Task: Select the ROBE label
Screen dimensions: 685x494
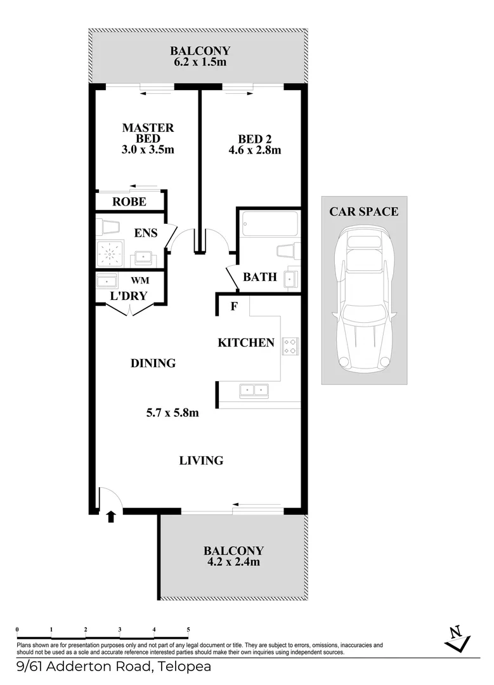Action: [129, 202]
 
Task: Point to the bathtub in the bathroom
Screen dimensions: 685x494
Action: [270, 223]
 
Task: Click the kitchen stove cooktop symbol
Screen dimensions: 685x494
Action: [290, 346]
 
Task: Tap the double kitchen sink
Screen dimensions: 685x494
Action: [254, 391]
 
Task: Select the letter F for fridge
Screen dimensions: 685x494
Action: [234, 307]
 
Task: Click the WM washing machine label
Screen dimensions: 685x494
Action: [139, 280]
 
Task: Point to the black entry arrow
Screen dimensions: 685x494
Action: [112, 516]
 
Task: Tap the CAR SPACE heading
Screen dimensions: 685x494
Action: [363, 212]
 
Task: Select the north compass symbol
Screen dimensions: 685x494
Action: [455, 637]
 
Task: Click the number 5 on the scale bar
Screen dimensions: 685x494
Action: [188, 630]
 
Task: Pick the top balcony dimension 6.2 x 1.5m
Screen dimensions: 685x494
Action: [199, 62]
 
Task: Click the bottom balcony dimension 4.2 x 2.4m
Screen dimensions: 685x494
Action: [233, 561]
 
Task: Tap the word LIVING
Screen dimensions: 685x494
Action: [202, 460]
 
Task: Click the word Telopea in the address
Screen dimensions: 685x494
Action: [185, 667]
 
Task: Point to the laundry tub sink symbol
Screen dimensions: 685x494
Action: [107, 280]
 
